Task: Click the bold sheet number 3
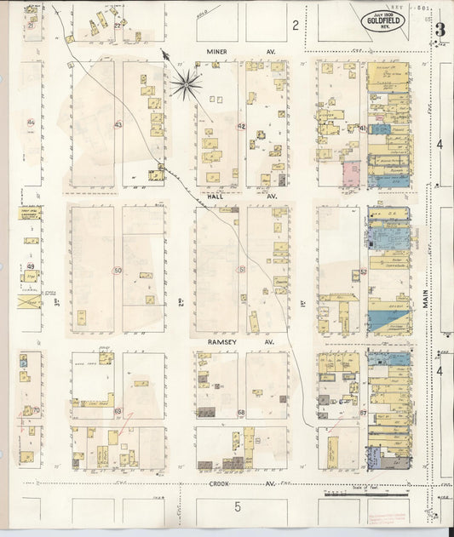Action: [440, 30]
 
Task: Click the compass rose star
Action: [186, 83]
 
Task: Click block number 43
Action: [118, 125]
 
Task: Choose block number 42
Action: [241, 126]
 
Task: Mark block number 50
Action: [118, 271]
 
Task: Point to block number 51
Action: [242, 270]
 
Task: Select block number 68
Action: [241, 413]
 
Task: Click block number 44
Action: [30, 123]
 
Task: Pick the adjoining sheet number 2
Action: [295, 26]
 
